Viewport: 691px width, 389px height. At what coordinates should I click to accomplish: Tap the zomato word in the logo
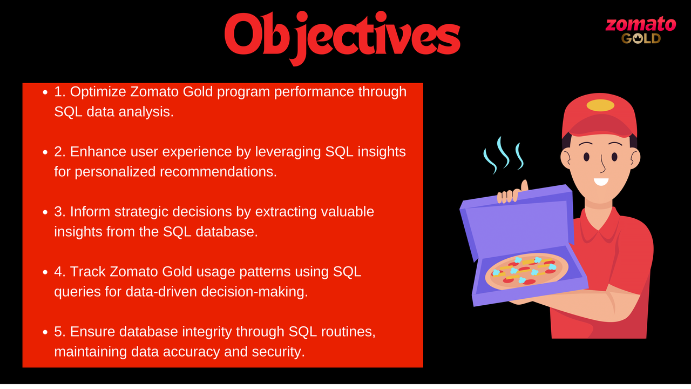640,24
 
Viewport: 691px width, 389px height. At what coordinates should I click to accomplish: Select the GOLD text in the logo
641,38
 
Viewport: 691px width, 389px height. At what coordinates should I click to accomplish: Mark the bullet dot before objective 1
46,93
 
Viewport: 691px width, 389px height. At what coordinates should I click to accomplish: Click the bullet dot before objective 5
46,332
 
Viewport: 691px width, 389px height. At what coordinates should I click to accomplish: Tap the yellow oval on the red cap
600,105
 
